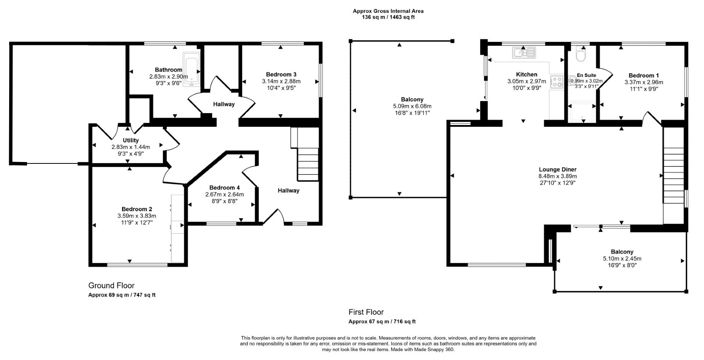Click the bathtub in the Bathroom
pyautogui.click(x=191, y=70)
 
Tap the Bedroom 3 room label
pyautogui.click(x=281, y=74)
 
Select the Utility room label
pyautogui.click(x=131, y=140)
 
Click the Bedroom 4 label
pyautogui.click(x=224, y=187)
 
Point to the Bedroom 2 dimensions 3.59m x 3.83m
pyautogui.click(x=137, y=216)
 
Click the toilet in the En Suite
pyautogui.click(x=581, y=54)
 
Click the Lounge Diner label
pyautogui.click(x=557, y=170)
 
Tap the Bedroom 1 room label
pyautogui.click(x=643, y=75)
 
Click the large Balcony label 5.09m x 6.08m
pyautogui.click(x=412, y=106)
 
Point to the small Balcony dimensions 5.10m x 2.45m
pyautogui.click(x=622, y=258)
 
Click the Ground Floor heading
pyautogui.click(x=111, y=285)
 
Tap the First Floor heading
pyautogui.click(x=366, y=312)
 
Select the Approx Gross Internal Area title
pyautogui.click(x=388, y=11)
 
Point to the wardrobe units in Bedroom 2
pyautogui.click(x=177, y=229)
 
